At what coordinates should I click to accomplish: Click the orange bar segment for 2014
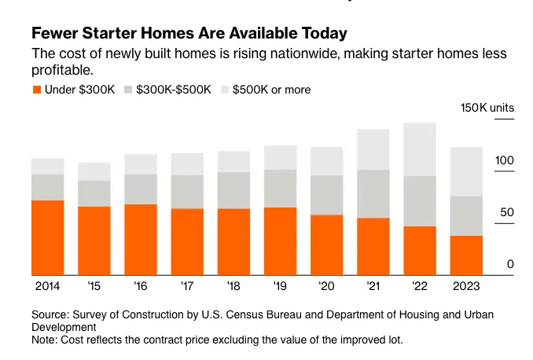tap(47, 237)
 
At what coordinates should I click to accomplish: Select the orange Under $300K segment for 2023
tap(466, 255)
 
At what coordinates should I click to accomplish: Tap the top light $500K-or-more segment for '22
tap(419, 149)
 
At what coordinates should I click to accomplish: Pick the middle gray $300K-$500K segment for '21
tap(373, 193)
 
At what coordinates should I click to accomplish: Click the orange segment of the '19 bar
tap(280, 241)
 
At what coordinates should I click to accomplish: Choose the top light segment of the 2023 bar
tap(466, 171)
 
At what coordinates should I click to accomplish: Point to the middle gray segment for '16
tap(141, 189)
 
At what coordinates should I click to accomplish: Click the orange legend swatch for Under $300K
tap(36, 90)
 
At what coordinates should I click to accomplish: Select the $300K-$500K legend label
tap(173, 90)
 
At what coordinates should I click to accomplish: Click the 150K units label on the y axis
tap(487, 108)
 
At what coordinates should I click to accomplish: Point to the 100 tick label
tap(503, 161)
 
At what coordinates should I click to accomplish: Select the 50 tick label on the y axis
tap(506, 213)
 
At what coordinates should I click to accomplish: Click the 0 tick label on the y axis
tap(510, 265)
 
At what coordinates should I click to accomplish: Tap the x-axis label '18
tap(233, 286)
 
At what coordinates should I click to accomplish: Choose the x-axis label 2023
tap(466, 286)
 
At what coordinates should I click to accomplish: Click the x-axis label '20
tap(326, 286)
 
